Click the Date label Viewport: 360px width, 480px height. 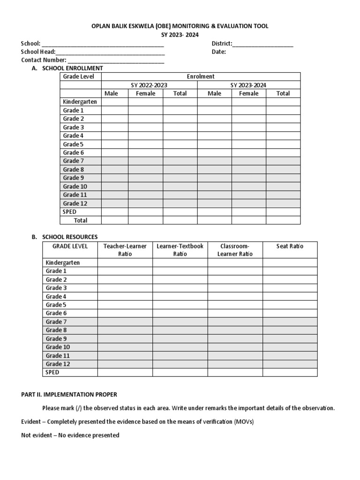tap(218, 52)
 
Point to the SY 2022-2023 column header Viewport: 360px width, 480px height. tap(149, 85)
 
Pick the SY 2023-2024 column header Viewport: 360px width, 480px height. tap(248, 85)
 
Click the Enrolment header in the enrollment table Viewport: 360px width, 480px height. tap(201, 76)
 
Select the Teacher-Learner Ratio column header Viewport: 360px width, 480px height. tap(125, 250)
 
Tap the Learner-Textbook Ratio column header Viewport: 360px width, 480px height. tap(180, 250)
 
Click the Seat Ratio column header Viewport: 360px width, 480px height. tap(290, 246)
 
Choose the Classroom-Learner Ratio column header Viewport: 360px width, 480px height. tap(235, 250)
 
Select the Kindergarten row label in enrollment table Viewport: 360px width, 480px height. tap(80, 102)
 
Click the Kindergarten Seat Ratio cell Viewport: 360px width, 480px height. tap(290, 262)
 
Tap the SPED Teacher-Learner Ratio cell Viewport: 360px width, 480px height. tap(125, 372)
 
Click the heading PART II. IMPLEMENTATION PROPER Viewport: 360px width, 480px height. tap(69, 395)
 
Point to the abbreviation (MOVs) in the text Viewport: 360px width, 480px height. tap(244, 422)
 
